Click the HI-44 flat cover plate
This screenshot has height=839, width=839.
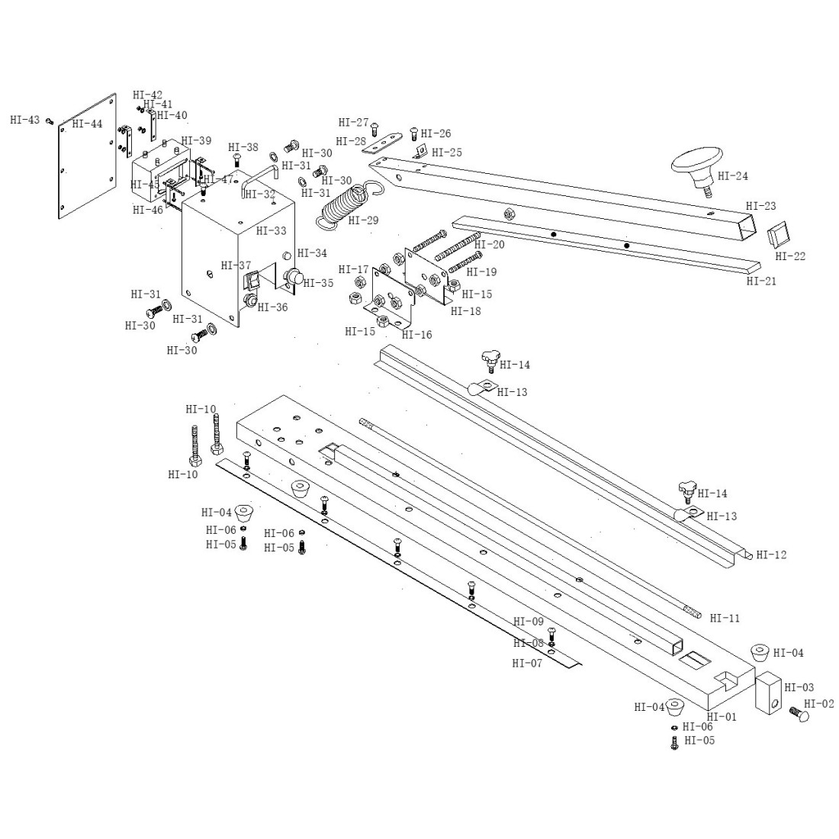coord(88,156)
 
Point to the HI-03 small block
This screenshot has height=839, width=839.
coord(768,693)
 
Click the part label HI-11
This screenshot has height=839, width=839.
coord(725,618)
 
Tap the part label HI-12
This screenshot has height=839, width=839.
coord(770,555)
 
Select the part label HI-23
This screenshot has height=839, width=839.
coord(760,206)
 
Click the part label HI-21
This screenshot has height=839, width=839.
coord(760,281)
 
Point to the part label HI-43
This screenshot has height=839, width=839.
coord(25,120)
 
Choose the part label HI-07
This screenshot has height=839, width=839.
coord(527,663)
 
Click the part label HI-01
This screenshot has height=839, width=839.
coord(722,716)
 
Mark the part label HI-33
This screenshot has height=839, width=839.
coord(272,230)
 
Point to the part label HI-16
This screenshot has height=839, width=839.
coord(416,334)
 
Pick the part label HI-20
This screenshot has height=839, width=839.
coord(489,244)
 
